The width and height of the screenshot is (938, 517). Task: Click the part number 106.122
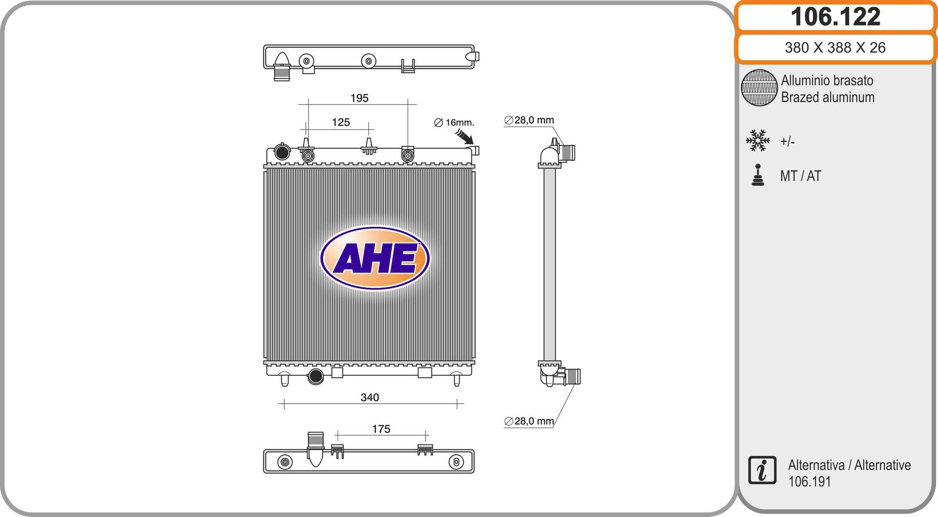click(x=835, y=17)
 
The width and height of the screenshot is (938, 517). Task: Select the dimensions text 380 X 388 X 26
click(x=835, y=47)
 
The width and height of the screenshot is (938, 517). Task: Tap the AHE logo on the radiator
click(x=375, y=258)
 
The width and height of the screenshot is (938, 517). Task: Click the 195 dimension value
click(x=360, y=98)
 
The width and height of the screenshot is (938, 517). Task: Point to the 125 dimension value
click(x=341, y=122)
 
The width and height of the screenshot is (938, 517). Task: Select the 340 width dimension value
click(x=370, y=397)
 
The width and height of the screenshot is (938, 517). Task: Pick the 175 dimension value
click(x=381, y=429)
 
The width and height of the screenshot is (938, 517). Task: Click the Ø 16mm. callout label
click(x=454, y=123)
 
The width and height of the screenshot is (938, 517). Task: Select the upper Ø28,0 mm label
click(x=529, y=120)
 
